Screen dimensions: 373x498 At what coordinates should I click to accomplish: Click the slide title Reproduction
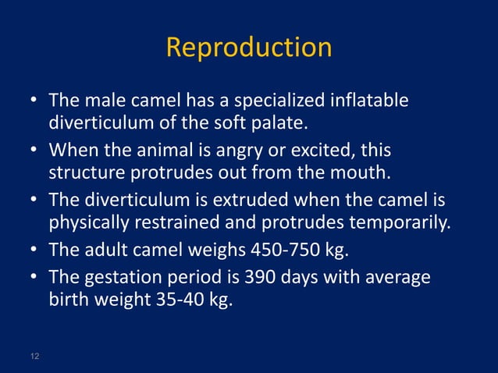point(249,48)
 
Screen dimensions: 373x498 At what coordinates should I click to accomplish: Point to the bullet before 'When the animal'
point(36,148)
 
